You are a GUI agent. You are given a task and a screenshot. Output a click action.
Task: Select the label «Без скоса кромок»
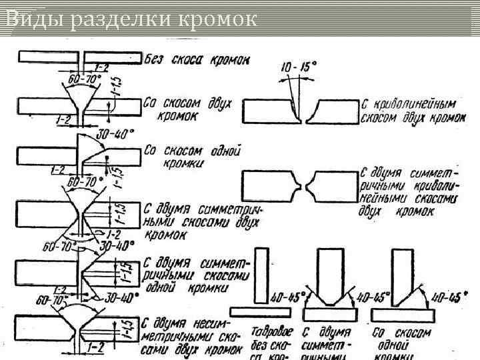pyautogui.click(x=197, y=59)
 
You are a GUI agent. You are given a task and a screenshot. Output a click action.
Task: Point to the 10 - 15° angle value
pyautogui.click(x=299, y=67)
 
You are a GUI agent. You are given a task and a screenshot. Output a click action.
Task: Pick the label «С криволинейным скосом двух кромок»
pyautogui.click(x=412, y=111)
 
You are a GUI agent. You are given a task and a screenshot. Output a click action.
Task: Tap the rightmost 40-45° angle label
pyautogui.click(x=446, y=296)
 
